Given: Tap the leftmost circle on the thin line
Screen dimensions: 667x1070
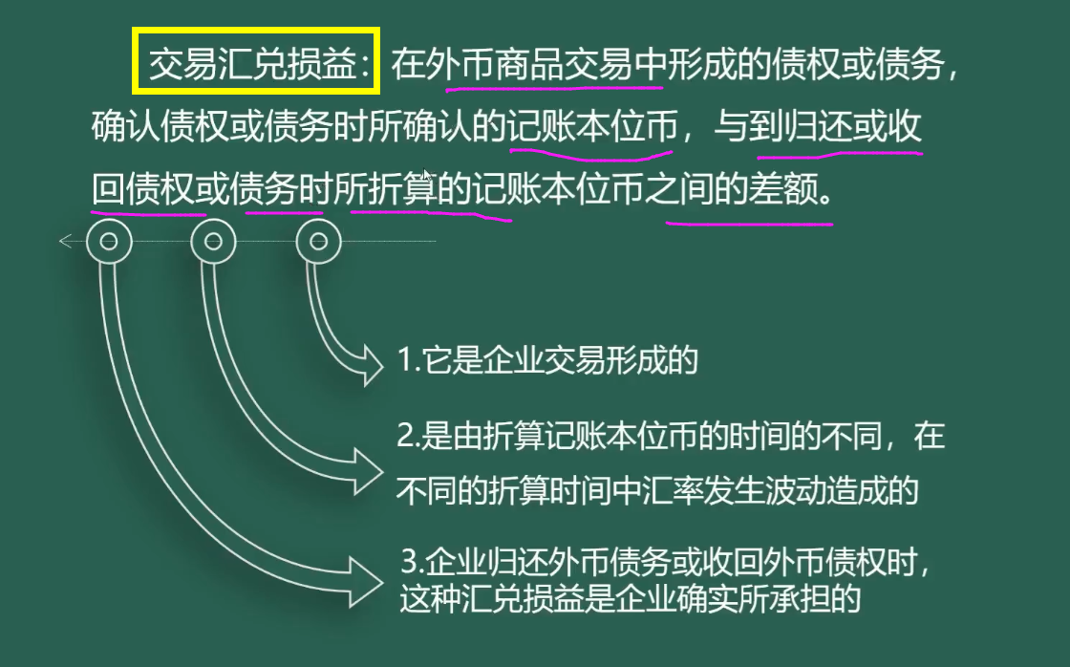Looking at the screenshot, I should point(108,242).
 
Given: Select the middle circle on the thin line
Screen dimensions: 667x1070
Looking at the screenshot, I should point(213,242).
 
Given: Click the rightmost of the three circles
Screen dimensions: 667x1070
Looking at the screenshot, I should point(318,242).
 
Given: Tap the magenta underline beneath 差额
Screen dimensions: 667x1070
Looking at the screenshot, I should point(749,224).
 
